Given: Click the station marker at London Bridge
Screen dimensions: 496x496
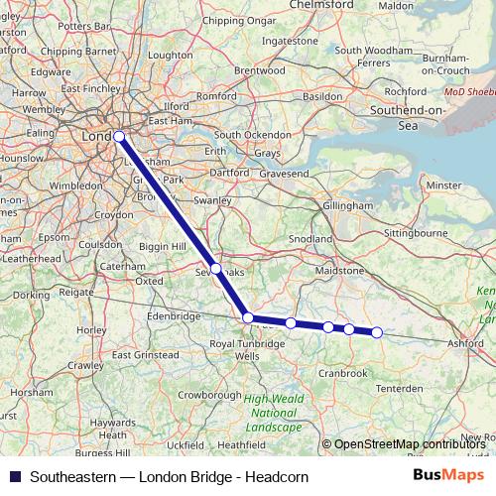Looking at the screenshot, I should click(x=119, y=137).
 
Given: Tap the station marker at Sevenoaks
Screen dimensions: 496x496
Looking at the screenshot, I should click(x=216, y=268).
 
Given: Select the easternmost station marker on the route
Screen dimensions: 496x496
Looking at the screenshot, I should click(x=377, y=332).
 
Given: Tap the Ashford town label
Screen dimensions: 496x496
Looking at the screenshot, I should click(x=464, y=342).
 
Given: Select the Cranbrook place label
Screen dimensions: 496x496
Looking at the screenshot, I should click(x=344, y=373).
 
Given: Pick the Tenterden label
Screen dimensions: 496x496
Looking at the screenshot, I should click(x=401, y=387).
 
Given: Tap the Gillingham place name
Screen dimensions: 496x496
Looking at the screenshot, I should click(x=347, y=205).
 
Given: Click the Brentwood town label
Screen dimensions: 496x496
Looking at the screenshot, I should click(x=260, y=70).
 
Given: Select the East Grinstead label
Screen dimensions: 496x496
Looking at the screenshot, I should click(x=146, y=354).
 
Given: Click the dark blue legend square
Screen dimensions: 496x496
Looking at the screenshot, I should click(x=14, y=477).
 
